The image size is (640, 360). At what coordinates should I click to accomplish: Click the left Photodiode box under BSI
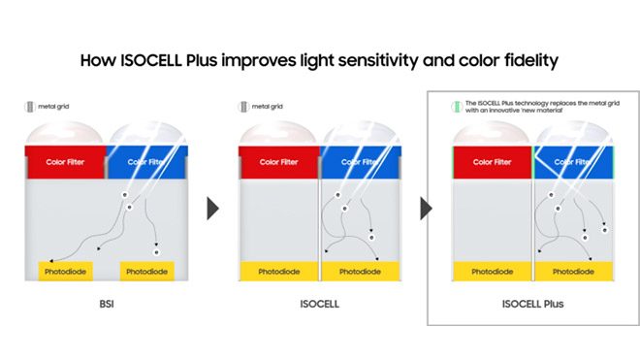click(66, 272)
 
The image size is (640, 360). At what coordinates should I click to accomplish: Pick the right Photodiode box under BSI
click(146, 272)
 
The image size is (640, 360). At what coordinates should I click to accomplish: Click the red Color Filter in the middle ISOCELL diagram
click(279, 162)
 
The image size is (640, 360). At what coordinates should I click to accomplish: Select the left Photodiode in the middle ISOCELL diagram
click(278, 272)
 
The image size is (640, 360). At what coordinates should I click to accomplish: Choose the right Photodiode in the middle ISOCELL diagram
click(360, 272)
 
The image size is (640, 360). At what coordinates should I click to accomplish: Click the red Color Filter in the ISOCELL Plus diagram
click(493, 162)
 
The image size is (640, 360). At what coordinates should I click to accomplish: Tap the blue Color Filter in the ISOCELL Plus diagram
click(573, 162)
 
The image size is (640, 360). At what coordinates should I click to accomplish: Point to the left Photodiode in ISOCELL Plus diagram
click(492, 272)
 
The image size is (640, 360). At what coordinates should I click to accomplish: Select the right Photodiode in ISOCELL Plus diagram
click(573, 272)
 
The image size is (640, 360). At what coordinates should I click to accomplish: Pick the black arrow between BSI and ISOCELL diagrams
click(212, 209)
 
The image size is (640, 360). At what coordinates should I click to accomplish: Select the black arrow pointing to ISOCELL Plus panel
click(425, 209)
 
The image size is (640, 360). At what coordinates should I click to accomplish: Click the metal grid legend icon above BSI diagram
click(30, 106)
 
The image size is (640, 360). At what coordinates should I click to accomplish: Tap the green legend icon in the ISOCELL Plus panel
click(454, 106)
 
